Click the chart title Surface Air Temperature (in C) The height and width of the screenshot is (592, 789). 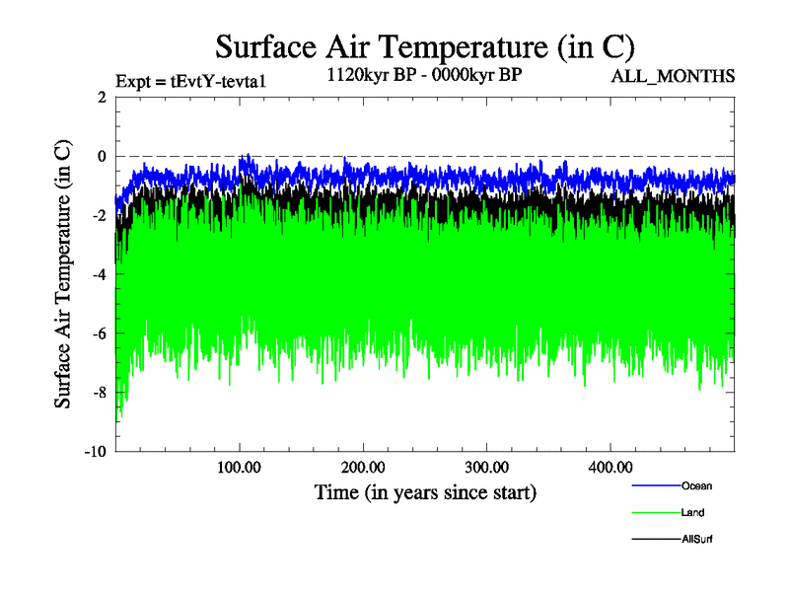pos(424,46)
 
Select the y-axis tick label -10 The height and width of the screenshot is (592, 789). pos(95,452)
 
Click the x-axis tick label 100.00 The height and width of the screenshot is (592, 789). pos(240,466)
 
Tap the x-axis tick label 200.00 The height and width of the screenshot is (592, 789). pos(364,466)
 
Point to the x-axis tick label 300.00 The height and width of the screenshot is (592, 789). pos(487,466)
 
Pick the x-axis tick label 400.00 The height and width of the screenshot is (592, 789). pos(610,466)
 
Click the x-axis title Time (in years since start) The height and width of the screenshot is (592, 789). pos(424,491)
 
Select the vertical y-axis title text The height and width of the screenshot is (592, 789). pos(62,274)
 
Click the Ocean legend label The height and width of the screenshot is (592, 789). pos(695,485)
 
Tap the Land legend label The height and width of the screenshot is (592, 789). pos(692,512)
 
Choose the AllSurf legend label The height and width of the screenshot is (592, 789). pos(697,540)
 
